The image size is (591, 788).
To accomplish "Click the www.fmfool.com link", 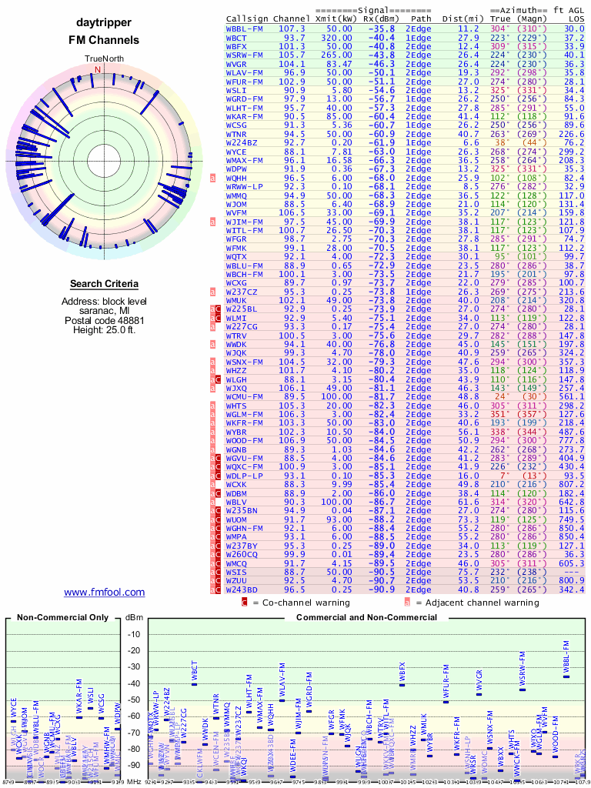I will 104,592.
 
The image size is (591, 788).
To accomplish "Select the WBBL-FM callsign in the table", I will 245,28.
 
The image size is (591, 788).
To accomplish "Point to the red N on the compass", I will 97,69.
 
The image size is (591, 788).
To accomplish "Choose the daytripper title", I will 104,23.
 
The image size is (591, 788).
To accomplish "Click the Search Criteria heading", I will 104,284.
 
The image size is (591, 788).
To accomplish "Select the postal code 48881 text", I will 104,320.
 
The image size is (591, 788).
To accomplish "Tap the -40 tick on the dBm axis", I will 135,683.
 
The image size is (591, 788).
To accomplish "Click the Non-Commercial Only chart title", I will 62,618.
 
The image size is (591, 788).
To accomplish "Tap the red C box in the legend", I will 244,602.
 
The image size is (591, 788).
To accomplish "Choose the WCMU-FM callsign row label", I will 245,396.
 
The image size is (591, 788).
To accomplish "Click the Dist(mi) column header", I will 462,18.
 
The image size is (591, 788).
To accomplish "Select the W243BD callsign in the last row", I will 242,589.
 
